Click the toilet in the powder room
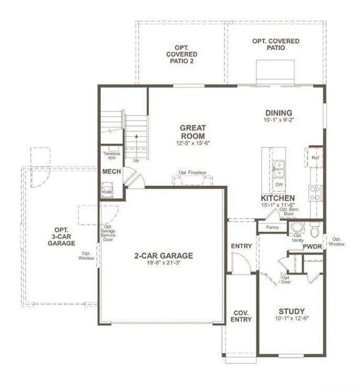(x=315, y=228)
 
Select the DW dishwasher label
(x=279, y=184)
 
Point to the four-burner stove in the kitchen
(x=315, y=193)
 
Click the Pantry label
(x=271, y=227)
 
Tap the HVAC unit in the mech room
(x=107, y=191)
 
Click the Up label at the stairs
(x=136, y=160)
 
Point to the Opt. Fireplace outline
(x=192, y=176)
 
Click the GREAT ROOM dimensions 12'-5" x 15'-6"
(x=192, y=143)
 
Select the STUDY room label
(x=291, y=311)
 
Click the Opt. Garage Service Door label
(x=108, y=232)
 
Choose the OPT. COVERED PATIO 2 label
(x=181, y=54)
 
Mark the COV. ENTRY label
(x=241, y=316)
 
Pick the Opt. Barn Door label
(x=287, y=211)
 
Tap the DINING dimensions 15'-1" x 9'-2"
(x=278, y=119)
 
